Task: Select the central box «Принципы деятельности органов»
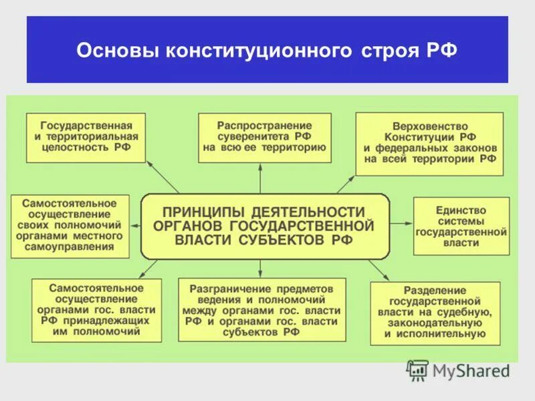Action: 265,227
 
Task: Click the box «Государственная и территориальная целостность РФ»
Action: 86,138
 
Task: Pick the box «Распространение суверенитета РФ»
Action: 264,138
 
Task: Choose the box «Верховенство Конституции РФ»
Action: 430,144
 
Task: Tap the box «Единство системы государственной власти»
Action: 460,227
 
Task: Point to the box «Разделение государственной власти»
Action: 434,312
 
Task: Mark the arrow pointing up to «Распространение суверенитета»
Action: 260,178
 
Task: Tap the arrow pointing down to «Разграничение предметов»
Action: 260,268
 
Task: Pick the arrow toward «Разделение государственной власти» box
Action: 379,269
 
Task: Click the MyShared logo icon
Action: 417,370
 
